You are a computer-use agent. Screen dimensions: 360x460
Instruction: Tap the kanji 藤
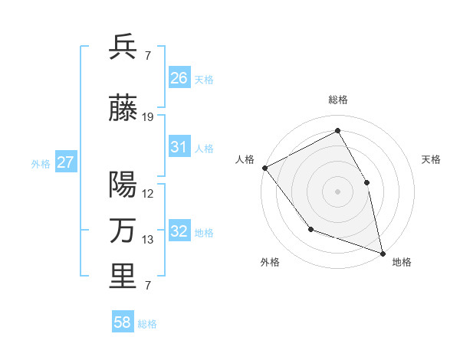[x=123, y=109]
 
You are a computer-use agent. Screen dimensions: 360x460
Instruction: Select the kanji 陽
[x=123, y=184]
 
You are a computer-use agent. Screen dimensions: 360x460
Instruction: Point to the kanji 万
[x=123, y=231]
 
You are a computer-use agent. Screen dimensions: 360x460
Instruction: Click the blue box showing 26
[x=179, y=78]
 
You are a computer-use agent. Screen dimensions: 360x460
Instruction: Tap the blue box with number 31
[x=179, y=147]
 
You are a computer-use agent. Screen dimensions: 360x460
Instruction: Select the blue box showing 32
[x=179, y=232]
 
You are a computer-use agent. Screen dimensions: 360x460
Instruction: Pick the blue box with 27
[x=66, y=162]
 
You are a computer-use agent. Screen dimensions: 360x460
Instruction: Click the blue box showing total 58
[x=123, y=323]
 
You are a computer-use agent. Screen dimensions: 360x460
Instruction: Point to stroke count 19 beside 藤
[x=148, y=117]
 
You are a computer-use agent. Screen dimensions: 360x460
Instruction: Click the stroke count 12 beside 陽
[x=148, y=194]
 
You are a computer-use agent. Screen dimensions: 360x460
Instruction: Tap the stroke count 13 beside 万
[x=148, y=241]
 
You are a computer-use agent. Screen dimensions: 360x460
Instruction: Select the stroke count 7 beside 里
[x=147, y=286]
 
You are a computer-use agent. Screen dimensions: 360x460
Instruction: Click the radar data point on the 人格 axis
[x=264, y=168]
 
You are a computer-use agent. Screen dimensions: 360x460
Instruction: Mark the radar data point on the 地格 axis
[x=383, y=253]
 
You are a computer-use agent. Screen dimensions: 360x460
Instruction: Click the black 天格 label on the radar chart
[x=431, y=159]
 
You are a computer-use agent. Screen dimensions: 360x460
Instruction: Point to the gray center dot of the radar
[x=337, y=191]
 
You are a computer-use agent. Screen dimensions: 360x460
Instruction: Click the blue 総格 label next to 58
[x=147, y=324]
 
